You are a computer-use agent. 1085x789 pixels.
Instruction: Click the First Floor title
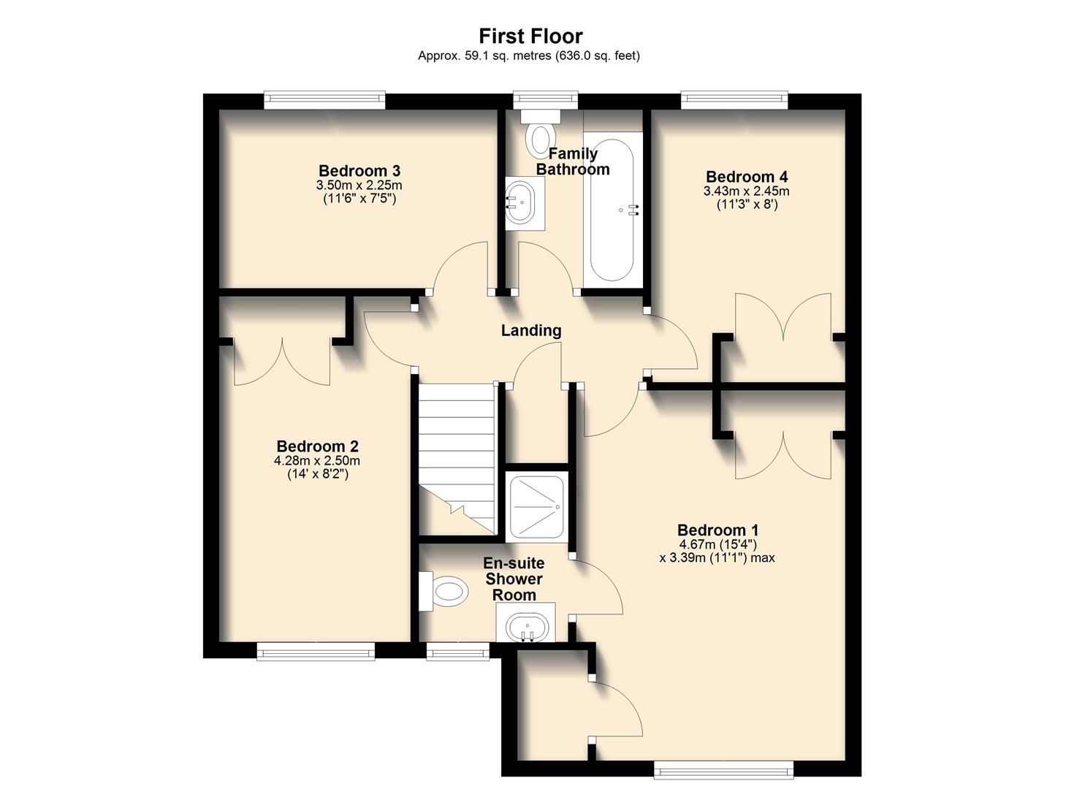click(x=530, y=36)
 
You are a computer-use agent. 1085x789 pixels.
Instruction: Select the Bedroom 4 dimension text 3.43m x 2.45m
click(x=746, y=191)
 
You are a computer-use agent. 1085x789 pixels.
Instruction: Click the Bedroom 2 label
click(x=317, y=446)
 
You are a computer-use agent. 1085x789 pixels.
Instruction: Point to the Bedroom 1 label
click(x=717, y=530)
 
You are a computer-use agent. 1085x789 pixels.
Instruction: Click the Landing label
click(x=531, y=330)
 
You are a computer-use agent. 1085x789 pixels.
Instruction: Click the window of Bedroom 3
click(x=324, y=100)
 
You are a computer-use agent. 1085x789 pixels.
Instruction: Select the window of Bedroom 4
click(x=734, y=100)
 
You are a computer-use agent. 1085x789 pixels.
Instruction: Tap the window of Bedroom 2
click(x=316, y=651)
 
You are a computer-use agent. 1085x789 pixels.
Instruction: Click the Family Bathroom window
click(x=544, y=100)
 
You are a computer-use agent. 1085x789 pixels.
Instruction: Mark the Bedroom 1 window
click(x=723, y=769)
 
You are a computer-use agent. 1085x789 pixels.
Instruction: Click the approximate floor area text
click(x=529, y=56)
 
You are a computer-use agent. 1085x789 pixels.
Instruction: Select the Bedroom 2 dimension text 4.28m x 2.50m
click(x=317, y=461)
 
